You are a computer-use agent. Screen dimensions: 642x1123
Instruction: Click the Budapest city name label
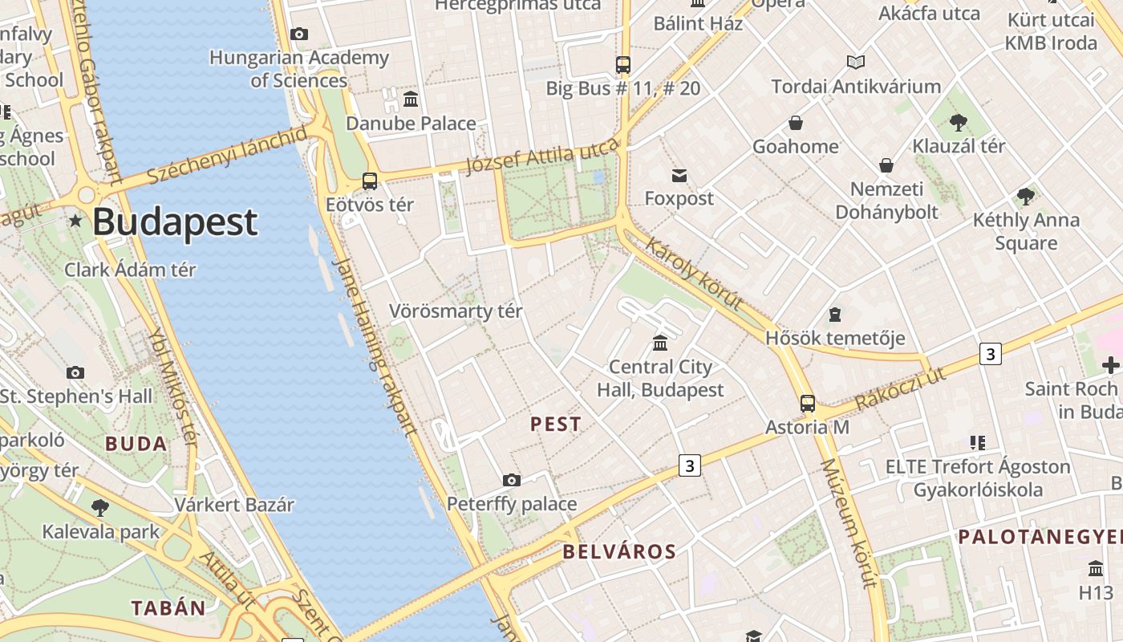pyautogui.click(x=175, y=222)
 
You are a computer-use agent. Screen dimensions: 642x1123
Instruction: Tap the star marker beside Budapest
pyautogui.click(x=75, y=220)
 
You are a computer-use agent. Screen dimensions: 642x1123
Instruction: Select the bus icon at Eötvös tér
pyautogui.click(x=370, y=181)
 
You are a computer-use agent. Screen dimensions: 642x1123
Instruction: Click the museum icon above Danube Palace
pyautogui.click(x=411, y=100)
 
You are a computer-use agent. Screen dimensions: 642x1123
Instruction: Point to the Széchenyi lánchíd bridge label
pyautogui.click(x=227, y=154)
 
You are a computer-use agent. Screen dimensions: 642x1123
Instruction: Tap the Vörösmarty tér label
pyautogui.click(x=456, y=311)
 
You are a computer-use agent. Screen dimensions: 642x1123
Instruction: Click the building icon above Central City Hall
pyautogui.click(x=660, y=343)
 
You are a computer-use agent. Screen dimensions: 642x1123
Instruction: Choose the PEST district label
pyautogui.click(x=556, y=425)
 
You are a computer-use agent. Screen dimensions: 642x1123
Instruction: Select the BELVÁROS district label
pyautogui.click(x=619, y=551)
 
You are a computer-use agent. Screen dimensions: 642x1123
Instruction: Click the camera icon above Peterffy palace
pyautogui.click(x=512, y=480)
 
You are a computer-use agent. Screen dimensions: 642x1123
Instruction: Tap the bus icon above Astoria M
pyautogui.click(x=808, y=404)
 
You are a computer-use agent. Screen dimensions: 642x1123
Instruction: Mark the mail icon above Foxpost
pyautogui.click(x=679, y=176)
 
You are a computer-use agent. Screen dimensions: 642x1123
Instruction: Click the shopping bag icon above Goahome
pyautogui.click(x=796, y=123)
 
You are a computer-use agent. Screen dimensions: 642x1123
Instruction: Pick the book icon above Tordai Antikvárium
pyautogui.click(x=856, y=62)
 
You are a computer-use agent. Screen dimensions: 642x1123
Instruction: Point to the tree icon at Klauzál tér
pyautogui.click(x=958, y=123)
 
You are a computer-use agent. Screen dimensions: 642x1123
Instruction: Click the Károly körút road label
pyautogui.click(x=694, y=274)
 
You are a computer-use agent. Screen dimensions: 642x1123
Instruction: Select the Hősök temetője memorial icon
pyautogui.click(x=835, y=314)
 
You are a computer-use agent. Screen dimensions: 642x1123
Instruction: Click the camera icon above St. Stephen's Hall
pyautogui.click(x=75, y=372)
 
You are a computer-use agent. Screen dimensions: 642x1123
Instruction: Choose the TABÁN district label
pyautogui.click(x=168, y=607)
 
